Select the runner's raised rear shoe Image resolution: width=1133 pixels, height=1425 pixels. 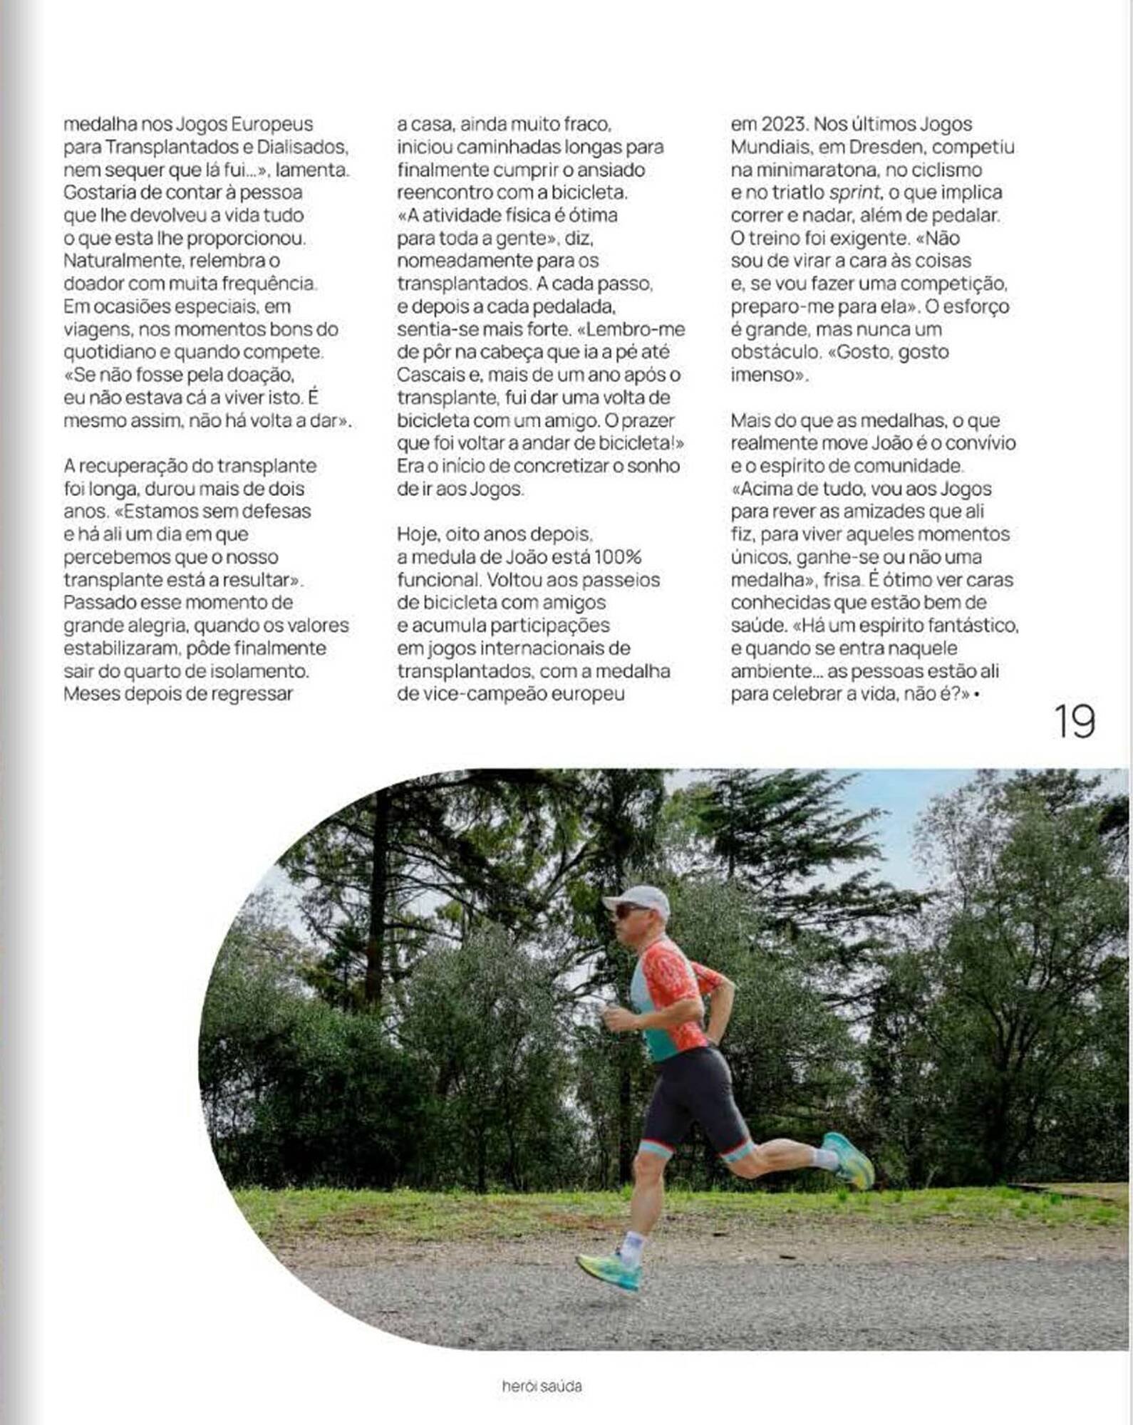(850, 1159)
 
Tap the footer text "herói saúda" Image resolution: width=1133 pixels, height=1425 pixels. (542, 1386)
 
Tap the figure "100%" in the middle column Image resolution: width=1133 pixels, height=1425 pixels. (618, 556)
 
